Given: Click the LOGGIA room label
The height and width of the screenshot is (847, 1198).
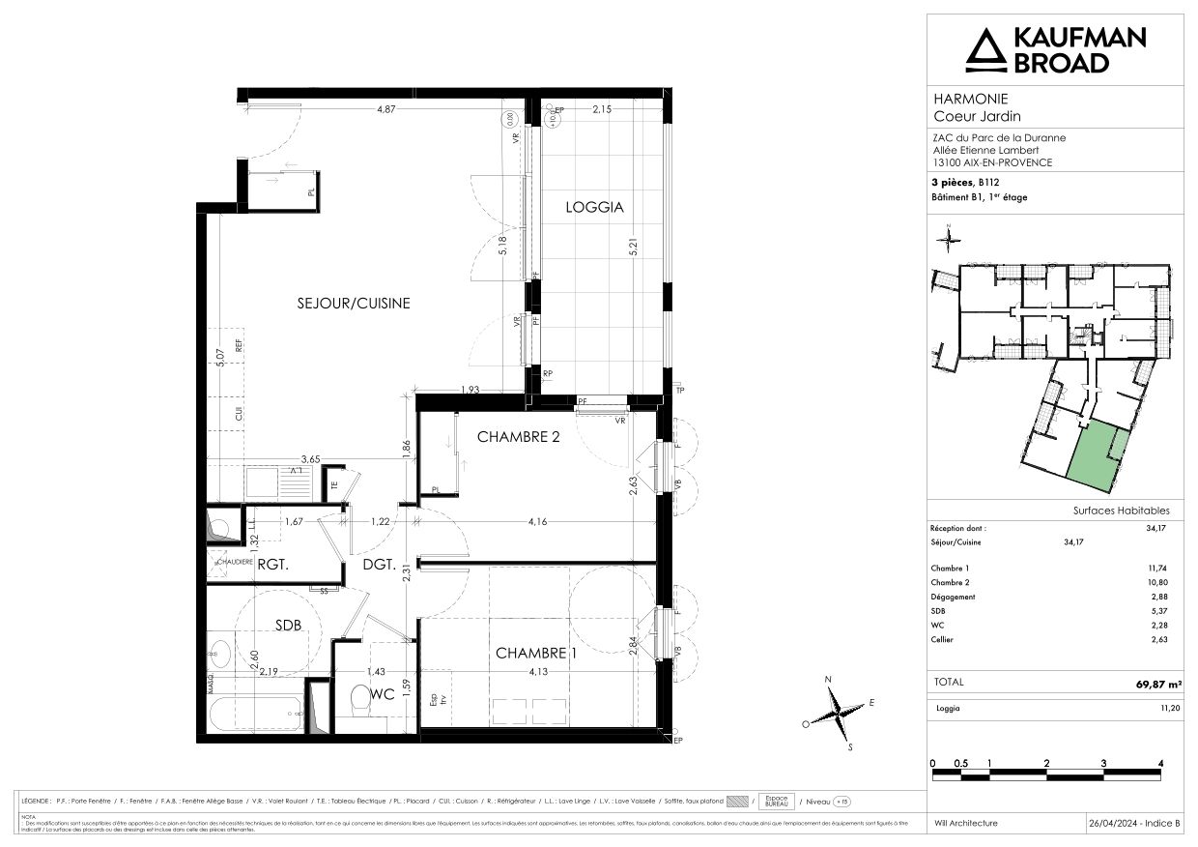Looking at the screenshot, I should (x=594, y=207).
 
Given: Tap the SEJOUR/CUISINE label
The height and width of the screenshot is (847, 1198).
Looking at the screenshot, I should (x=353, y=303).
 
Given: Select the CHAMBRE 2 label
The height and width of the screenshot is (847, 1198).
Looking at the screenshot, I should (x=519, y=437).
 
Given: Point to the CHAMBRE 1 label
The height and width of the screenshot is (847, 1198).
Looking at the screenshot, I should (x=536, y=654).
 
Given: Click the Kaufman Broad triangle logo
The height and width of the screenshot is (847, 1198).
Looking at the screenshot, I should (x=985, y=51).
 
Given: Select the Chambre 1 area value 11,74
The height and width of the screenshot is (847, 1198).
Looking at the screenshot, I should (x=1156, y=569).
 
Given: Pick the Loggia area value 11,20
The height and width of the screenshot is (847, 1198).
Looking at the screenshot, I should (x=1156, y=709).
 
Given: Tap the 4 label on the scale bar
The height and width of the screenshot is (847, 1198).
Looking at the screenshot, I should (x=1160, y=763).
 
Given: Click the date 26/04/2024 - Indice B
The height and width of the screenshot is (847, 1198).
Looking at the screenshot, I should (x=1134, y=823).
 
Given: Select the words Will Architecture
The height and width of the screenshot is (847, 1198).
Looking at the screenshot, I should (x=967, y=823).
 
